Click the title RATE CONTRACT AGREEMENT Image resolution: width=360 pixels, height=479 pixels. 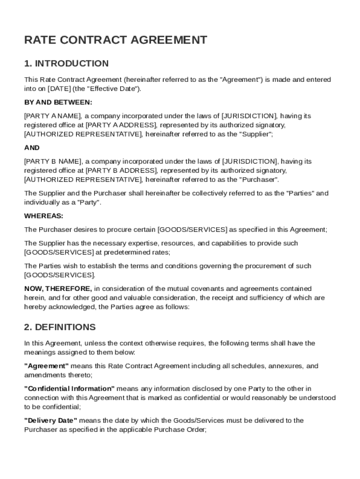(115, 40)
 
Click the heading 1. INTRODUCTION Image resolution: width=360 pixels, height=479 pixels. (66, 64)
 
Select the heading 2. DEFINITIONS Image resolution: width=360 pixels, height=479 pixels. (60, 327)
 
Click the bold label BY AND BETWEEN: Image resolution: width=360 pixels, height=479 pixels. (58, 102)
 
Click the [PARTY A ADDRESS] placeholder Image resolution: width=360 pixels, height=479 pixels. (121, 125)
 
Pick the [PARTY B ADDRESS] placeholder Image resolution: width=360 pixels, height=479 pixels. (121, 170)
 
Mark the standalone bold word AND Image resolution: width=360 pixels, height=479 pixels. (32, 148)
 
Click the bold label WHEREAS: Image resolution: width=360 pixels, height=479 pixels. (43, 216)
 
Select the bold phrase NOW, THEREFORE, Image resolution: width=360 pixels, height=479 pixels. (58, 289)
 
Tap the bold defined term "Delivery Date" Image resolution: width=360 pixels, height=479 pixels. (51, 421)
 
